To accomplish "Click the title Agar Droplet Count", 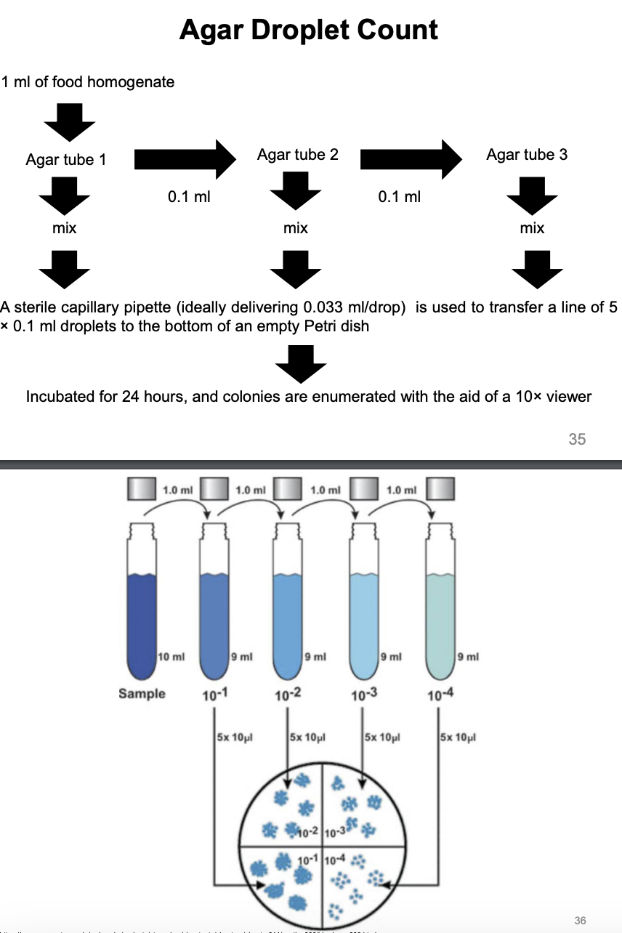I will (308, 30).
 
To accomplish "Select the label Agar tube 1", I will (65, 159).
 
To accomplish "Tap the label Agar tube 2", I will (297, 154).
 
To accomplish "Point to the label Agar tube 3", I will (527, 154).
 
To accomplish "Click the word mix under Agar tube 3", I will (532, 228).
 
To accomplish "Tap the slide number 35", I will (577, 439).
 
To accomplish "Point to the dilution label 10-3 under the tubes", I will (363, 696).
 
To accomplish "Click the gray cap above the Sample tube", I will (142, 488).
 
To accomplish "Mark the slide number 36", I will (579, 921).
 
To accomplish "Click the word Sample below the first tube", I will (142, 694).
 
